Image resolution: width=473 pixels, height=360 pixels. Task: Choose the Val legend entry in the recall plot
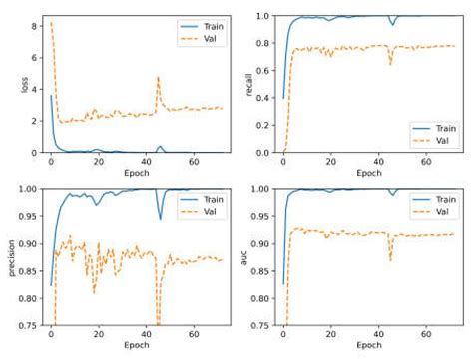436,141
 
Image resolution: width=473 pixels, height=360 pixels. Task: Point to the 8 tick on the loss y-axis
35,23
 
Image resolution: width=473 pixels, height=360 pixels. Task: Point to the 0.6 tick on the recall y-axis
264,71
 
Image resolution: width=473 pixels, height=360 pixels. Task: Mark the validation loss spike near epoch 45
158,78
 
